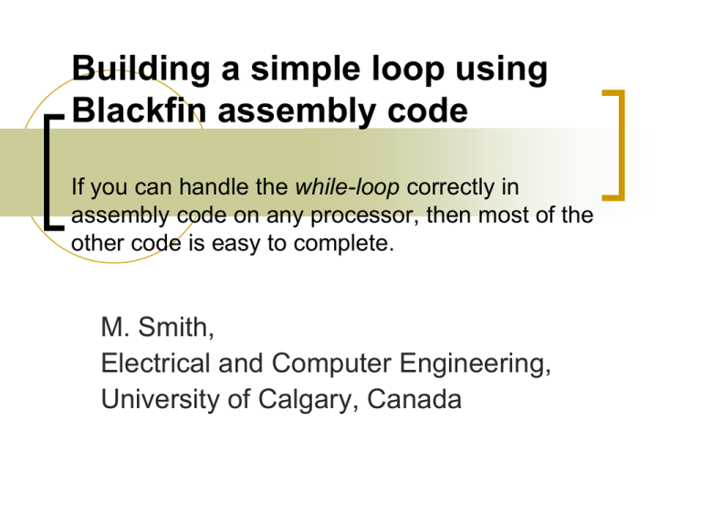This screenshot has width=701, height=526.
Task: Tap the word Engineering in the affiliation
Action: coord(483,363)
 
